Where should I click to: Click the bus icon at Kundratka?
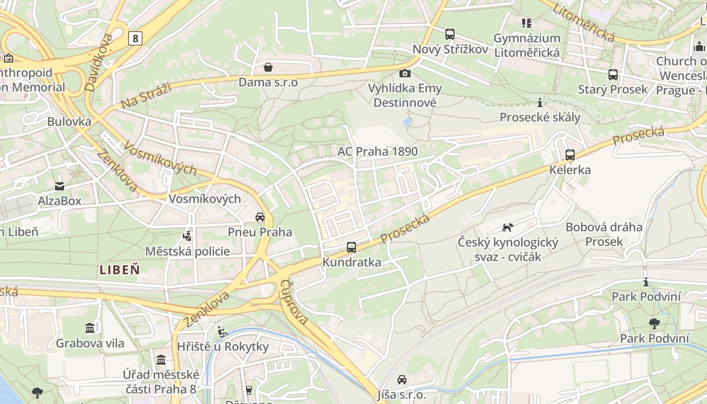tap(351, 247)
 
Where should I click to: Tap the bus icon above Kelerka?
tap(570, 155)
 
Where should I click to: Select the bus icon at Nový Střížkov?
tap(449, 34)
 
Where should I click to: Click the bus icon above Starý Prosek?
tap(613, 75)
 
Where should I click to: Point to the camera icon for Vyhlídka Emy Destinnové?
tap(405, 73)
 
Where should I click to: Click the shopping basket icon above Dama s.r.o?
tap(268, 67)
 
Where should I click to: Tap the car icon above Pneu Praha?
tap(260, 217)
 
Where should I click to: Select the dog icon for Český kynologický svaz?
tap(508, 227)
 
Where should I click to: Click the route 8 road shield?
tap(135, 38)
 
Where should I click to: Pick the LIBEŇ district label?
tap(120, 269)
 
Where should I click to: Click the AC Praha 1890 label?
tap(378, 151)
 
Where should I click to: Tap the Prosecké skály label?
tap(540, 118)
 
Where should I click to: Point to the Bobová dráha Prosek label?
tap(604, 234)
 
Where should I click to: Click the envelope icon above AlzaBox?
tap(60, 186)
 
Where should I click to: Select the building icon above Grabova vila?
tap(90, 328)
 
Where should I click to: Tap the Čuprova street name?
tap(294, 302)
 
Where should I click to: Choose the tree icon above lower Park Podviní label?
tap(654, 323)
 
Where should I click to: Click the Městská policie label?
tap(187, 251)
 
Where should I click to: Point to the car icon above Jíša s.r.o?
tap(401, 380)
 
